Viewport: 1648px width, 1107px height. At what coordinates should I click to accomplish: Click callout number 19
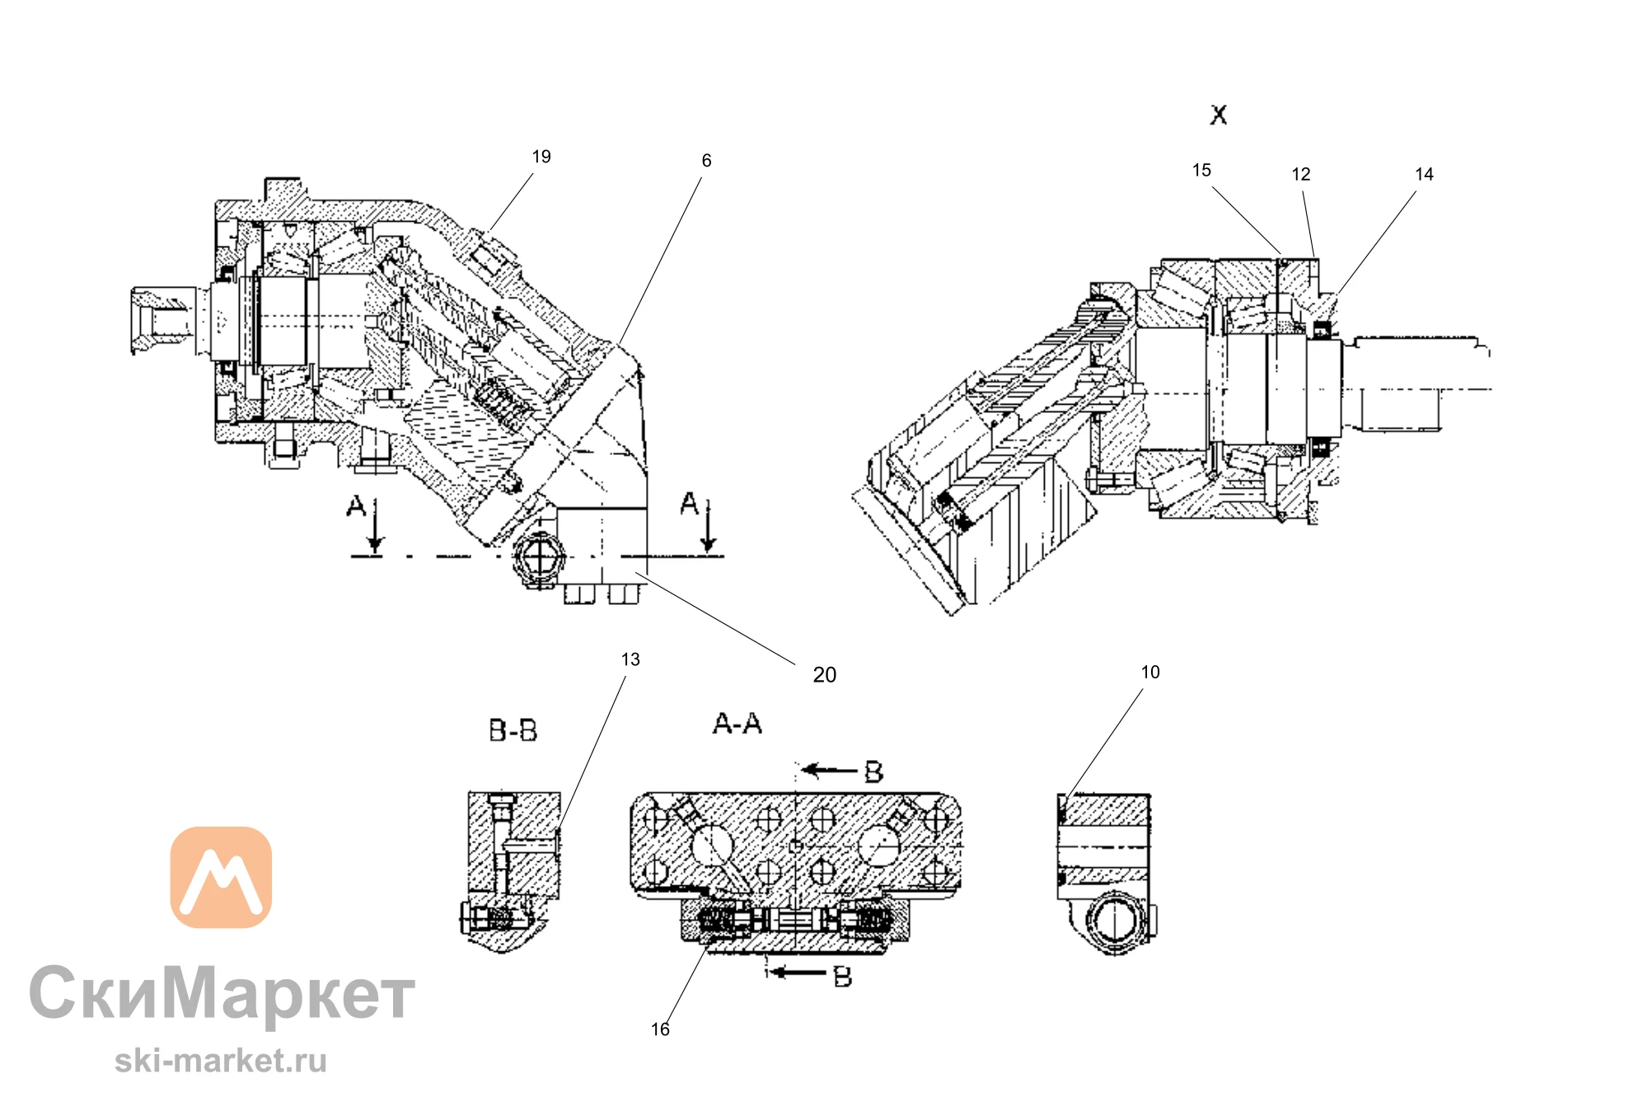pos(541,157)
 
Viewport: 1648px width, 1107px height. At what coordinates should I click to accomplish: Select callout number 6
pos(706,161)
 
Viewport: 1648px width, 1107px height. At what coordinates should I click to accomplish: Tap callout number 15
pos(1201,170)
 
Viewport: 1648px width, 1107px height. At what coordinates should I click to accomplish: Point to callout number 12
pos(1300,174)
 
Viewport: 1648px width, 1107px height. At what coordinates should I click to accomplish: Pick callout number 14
pos(1424,174)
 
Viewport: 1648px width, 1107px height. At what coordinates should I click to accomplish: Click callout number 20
pos(824,675)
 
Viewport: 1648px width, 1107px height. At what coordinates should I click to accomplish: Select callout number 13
pos(630,659)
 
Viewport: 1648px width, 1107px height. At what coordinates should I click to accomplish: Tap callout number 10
pos(1150,672)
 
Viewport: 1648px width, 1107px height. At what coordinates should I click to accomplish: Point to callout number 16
pos(660,1030)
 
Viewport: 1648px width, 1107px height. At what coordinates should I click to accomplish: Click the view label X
pos(1219,115)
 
